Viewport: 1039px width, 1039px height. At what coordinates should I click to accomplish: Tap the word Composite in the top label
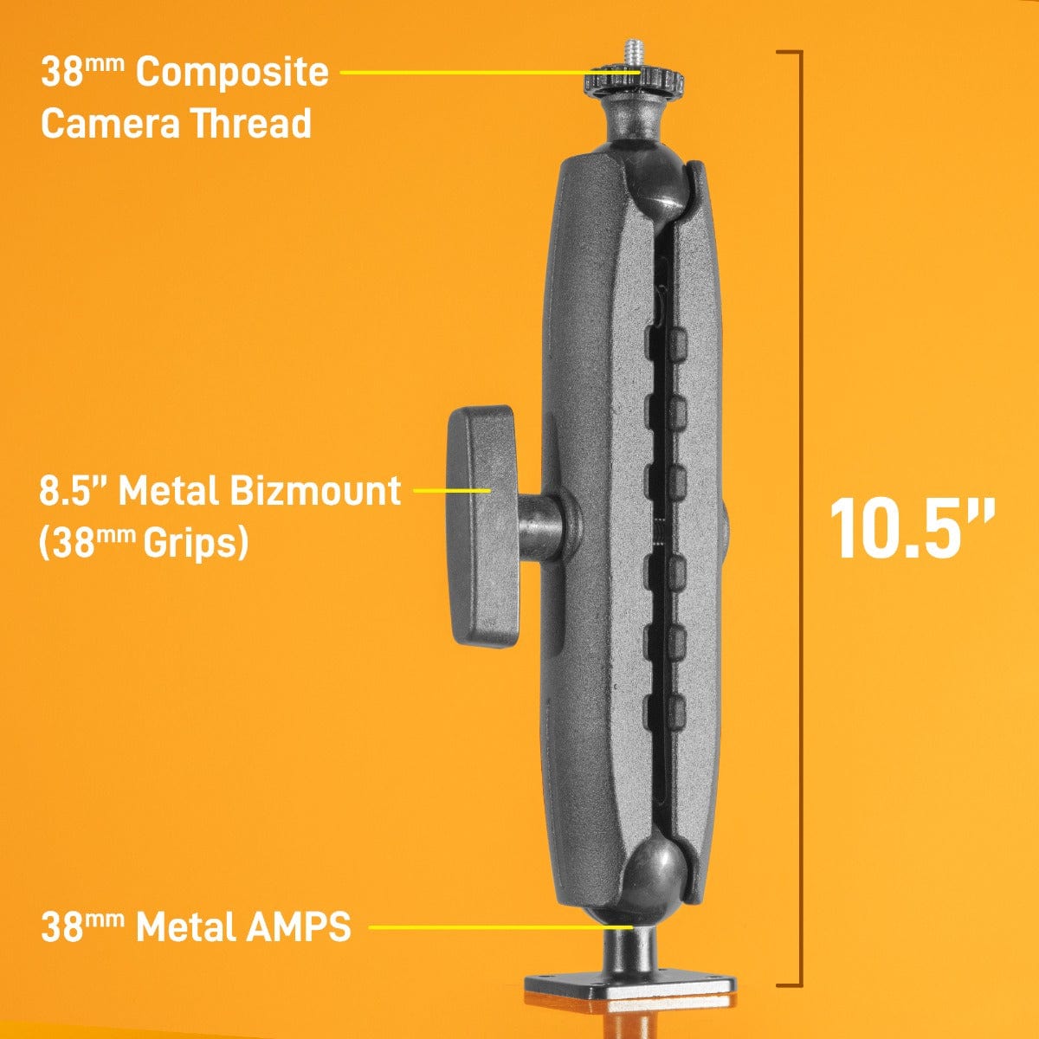click(232, 73)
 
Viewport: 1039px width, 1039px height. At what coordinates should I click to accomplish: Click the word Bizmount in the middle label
click(315, 491)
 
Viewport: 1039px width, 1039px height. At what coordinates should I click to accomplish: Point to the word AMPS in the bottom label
click(299, 927)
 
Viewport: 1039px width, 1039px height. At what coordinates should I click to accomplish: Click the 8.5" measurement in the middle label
click(73, 491)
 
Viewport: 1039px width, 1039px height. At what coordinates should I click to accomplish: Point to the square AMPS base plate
click(630, 986)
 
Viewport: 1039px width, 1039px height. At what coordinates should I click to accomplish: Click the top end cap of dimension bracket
click(789, 52)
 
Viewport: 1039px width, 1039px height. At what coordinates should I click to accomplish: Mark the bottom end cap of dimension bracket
click(789, 984)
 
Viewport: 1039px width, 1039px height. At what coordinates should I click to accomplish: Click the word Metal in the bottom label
click(185, 927)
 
